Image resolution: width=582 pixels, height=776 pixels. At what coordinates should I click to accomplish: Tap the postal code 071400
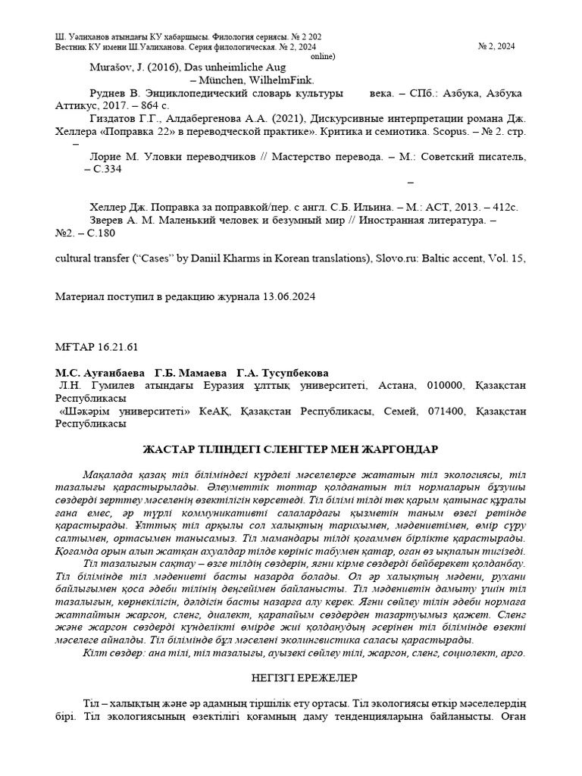pyautogui.click(x=444, y=411)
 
